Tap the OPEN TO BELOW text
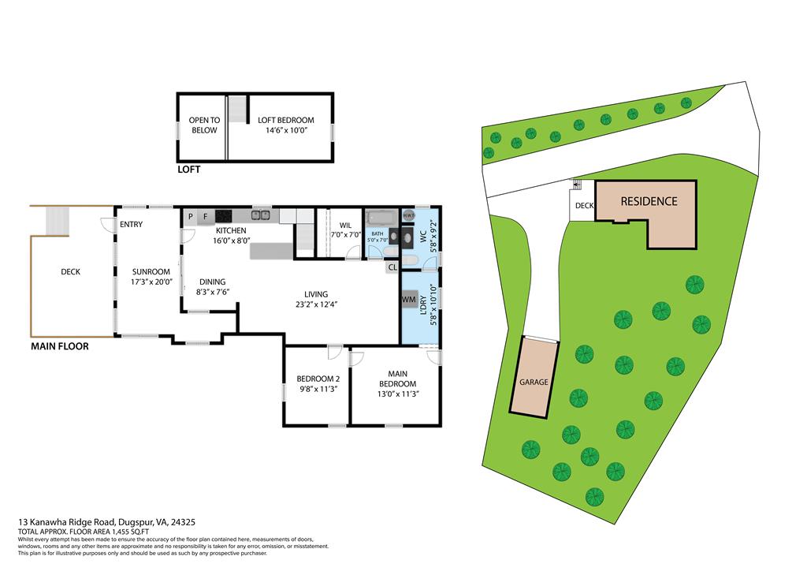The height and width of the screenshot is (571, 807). [204, 125]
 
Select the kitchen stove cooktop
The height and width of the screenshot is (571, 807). [224, 215]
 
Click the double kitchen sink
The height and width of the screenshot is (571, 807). [261, 215]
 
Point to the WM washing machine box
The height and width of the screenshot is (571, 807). [408, 300]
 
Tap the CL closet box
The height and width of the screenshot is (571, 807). [392, 267]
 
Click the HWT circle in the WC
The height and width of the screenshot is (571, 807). [408, 215]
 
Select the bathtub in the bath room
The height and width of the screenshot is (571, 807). [382, 216]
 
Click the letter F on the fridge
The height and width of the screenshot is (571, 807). [205, 215]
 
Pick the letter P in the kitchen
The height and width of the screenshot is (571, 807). [190, 215]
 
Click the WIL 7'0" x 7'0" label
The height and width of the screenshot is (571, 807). [345, 230]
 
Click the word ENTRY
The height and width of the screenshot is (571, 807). [131, 225]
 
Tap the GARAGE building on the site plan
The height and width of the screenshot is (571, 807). [534, 382]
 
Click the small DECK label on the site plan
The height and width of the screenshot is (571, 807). [584, 206]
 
